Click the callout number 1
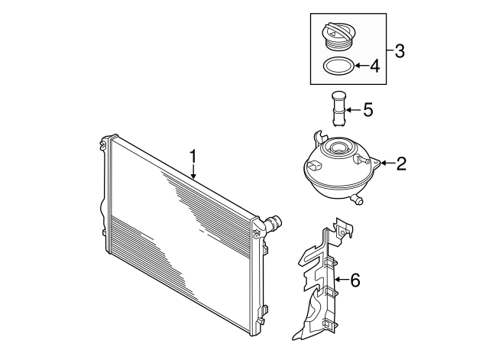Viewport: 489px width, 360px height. tap(194, 157)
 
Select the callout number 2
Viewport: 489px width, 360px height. tap(401, 163)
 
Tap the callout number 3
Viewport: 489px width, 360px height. tap(399, 52)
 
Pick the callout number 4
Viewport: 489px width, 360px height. tap(374, 66)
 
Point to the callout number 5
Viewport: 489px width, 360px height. tap(368, 111)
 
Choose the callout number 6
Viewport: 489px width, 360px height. tap(355, 280)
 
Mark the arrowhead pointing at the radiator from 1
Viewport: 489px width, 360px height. tap(194, 177)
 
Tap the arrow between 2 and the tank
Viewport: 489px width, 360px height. tap(387, 163)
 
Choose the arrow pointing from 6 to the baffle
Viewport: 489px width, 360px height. tap(342, 280)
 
